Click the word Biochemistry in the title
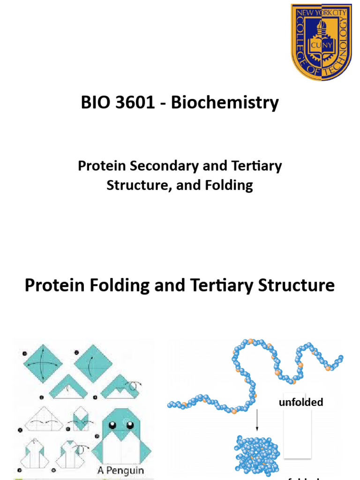click(225, 103)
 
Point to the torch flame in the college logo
click(320, 23)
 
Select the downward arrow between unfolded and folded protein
click(257, 420)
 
